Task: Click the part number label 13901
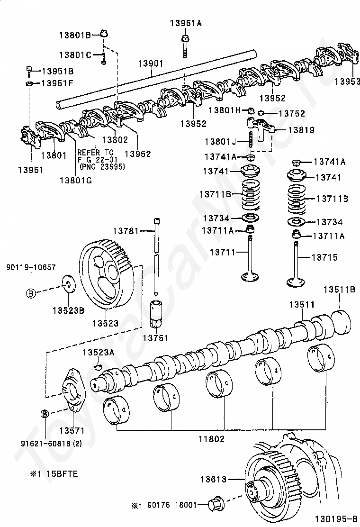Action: click(151, 64)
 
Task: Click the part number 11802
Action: click(211, 438)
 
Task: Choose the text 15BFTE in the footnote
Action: click(62, 474)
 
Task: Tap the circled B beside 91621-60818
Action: click(45, 414)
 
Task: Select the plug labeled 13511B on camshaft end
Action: click(341, 322)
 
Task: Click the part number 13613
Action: click(214, 479)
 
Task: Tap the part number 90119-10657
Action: click(31, 267)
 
